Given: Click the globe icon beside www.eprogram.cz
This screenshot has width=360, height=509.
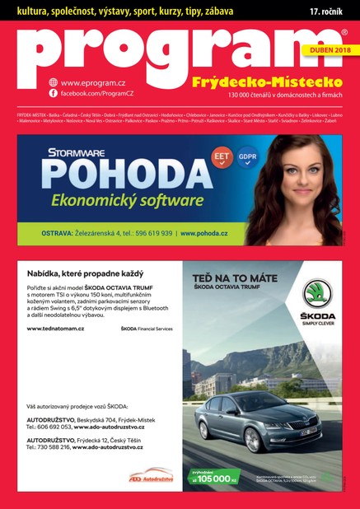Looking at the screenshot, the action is [x=53, y=82].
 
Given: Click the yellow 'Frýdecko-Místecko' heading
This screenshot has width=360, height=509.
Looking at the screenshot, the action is [x=266, y=84].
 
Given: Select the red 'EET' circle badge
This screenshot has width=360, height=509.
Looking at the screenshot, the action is [x=221, y=154].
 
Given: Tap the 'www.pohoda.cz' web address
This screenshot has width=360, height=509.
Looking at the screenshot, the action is [x=217, y=233].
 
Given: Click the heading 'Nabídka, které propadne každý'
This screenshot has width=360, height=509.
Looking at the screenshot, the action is [x=86, y=273].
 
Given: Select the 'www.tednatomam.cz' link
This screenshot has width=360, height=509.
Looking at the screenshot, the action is [x=55, y=329].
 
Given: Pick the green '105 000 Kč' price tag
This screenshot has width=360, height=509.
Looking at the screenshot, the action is [x=217, y=477].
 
